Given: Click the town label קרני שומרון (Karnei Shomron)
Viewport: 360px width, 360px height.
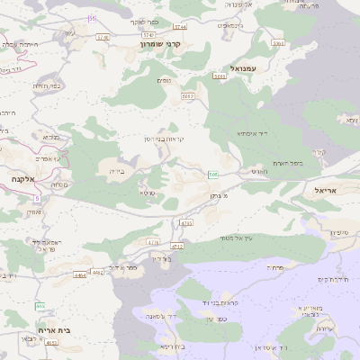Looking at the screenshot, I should click(x=161, y=43).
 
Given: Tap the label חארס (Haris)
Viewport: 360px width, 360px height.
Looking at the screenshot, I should click(x=259, y=170).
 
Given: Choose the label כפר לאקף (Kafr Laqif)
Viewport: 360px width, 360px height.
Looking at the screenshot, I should click(x=144, y=21).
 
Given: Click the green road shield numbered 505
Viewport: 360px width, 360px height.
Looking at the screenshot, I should click(x=213, y=174).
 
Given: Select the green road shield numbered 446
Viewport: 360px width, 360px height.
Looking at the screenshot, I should click(x=40, y=306).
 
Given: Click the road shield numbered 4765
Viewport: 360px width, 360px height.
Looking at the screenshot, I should click(x=186, y=222).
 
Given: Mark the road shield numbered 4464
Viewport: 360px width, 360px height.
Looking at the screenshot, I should click(x=81, y=274).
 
